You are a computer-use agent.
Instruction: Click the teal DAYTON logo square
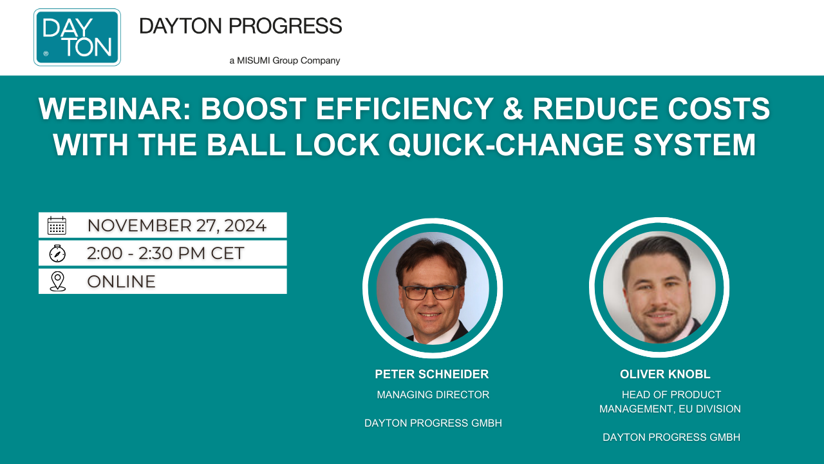(77, 37)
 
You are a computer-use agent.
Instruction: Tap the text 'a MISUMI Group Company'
(285, 61)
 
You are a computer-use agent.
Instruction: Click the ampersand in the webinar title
(511, 110)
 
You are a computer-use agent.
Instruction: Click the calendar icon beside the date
(57, 226)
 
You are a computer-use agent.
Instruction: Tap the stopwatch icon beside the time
(57, 253)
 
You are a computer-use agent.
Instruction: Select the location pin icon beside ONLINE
(57, 281)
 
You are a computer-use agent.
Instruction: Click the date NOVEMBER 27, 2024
(176, 226)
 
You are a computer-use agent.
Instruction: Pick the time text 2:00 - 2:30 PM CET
(165, 253)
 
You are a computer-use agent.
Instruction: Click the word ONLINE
(121, 282)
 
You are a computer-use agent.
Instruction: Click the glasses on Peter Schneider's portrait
(431, 293)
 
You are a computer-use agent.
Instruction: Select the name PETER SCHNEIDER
(431, 374)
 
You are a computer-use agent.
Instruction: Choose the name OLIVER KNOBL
(665, 374)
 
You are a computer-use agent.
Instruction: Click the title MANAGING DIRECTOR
(433, 394)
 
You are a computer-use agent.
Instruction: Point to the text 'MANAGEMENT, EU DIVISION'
(669, 409)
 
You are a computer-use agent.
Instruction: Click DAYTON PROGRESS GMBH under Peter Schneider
(433, 423)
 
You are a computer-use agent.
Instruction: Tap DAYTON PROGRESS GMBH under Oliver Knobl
(671, 437)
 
